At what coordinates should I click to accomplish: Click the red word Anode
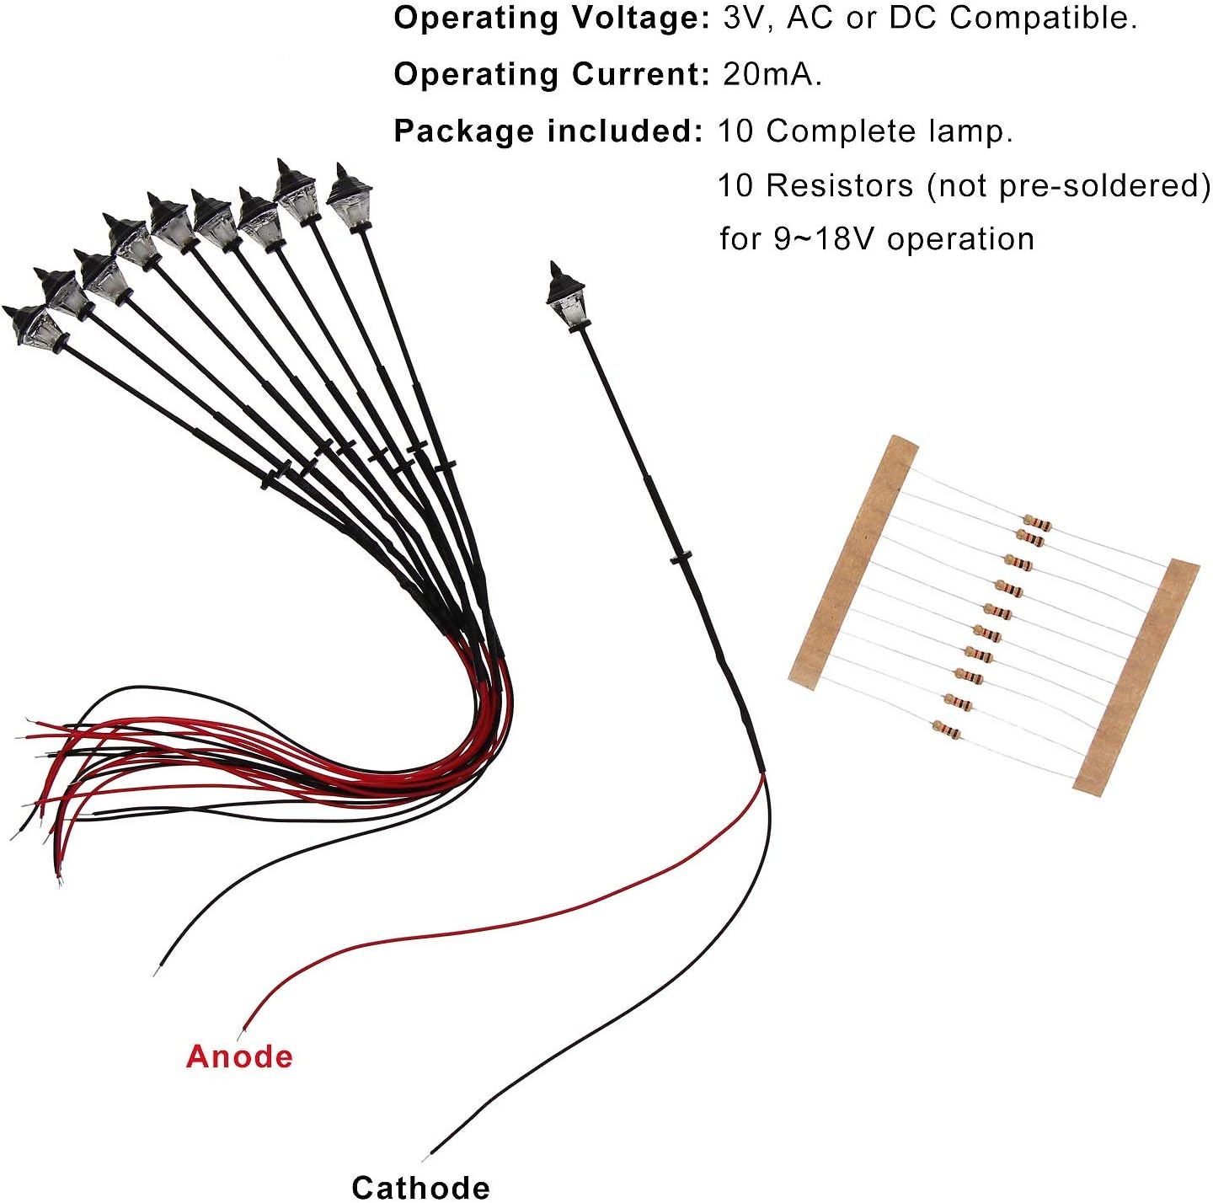(239, 1056)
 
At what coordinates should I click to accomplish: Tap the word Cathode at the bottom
(420, 1186)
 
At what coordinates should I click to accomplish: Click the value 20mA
(772, 74)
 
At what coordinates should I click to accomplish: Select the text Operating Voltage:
(552, 18)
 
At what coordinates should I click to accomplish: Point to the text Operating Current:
(552, 74)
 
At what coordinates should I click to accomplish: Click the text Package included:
(548, 131)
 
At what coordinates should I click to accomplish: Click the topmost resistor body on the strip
(1036, 523)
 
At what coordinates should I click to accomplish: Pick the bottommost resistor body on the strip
(946, 728)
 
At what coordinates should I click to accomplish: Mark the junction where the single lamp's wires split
(764, 773)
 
